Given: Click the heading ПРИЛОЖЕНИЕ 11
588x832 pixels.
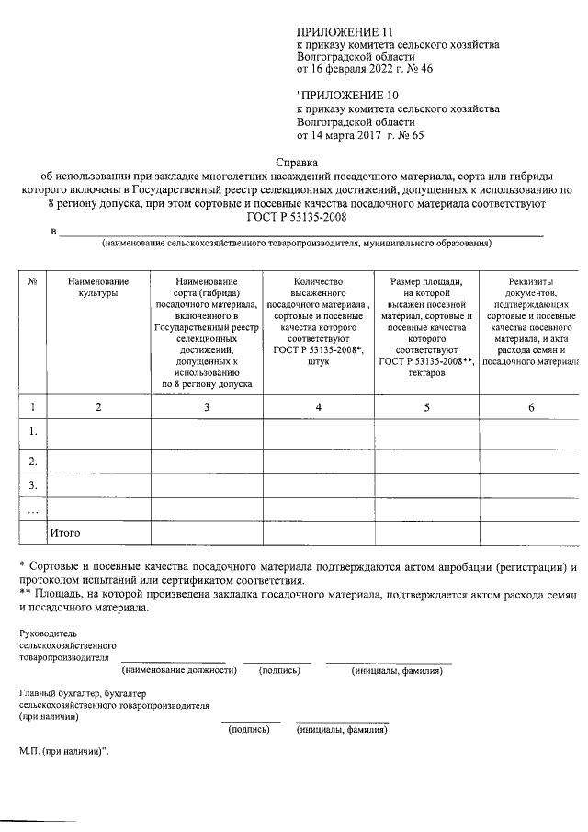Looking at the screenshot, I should click(x=339, y=31).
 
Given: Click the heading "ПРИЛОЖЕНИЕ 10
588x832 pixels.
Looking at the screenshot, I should click(x=341, y=95).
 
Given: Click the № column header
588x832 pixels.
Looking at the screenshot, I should click(x=32, y=281).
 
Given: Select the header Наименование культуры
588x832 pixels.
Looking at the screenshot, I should click(x=98, y=287).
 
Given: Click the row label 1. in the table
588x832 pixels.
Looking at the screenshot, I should click(x=33, y=431).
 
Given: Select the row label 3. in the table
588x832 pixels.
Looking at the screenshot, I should click(x=33, y=484).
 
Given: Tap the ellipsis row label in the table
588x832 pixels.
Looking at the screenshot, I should click(x=33, y=509).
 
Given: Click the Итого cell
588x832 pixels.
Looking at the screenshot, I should click(x=65, y=532).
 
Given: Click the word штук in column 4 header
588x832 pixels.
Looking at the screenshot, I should click(x=318, y=362).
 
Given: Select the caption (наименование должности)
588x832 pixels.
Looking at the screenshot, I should click(x=179, y=670).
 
